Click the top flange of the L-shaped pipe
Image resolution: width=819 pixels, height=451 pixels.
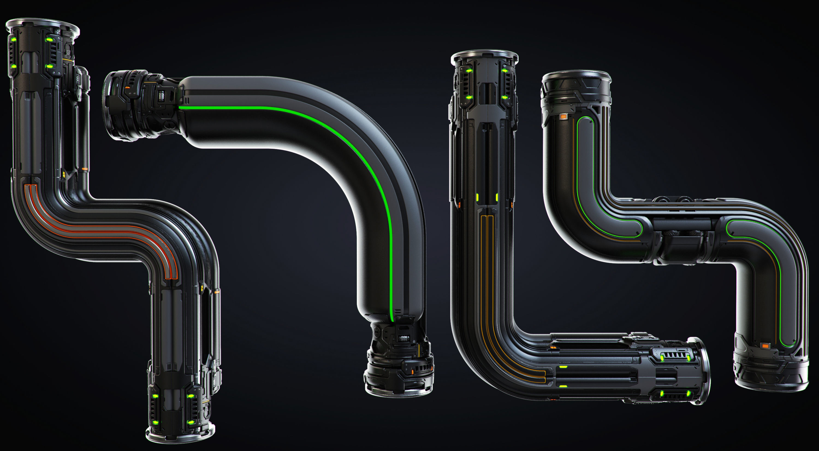[x=484, y=55]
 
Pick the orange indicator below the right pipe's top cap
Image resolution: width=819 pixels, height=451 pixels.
[x=563, y=117]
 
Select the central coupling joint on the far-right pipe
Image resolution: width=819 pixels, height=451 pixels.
[x=684, y=239]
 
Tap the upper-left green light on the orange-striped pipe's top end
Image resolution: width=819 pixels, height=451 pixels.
[x=14, y=40]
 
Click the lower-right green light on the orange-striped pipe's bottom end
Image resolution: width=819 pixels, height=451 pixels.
[x=191, y=423]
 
